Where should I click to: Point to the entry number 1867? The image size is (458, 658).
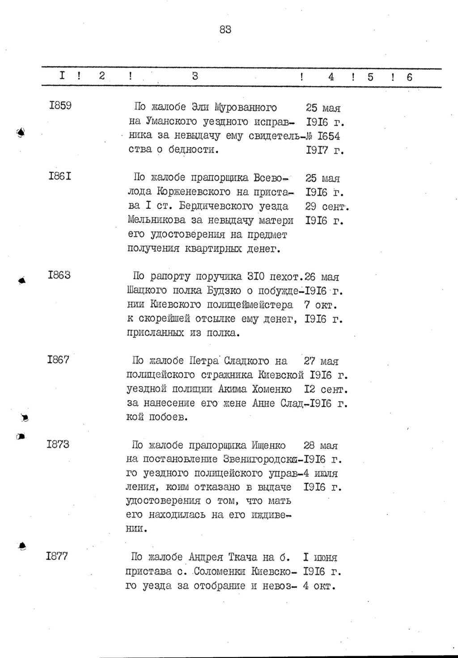point(58,359)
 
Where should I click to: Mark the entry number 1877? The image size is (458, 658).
point(57,556)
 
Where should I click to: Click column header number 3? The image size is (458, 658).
point(195,76)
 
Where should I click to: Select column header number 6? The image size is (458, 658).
point(409,77)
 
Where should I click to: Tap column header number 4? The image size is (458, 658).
point(331,77)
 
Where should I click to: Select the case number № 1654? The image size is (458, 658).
point(324,136)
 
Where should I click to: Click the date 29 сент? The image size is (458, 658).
point(327,207)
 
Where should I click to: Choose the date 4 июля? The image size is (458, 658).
point(320,473)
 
